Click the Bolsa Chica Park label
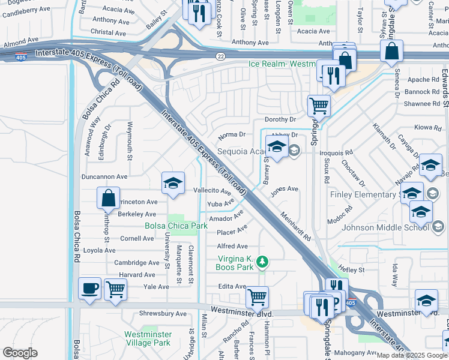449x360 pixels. [x=176, y=226]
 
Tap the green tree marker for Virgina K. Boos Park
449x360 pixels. [x=262, y=262]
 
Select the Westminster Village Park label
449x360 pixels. [x=147, y=339]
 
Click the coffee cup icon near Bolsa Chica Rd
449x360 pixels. [x=90, y=289]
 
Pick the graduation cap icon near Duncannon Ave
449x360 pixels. [x=173, y=182]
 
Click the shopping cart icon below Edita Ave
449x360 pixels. [x=257, y=296]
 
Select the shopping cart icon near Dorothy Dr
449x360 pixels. [x=318, y=106]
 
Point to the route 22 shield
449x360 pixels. [x=220, y=56]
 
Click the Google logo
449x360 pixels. [x=20, y=353]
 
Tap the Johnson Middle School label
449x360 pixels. [x=385, y=227]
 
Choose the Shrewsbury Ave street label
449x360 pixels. [x=163, y=313]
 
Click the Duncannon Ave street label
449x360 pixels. [x=104, y=177]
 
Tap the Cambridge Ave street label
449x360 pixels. [x=137, y=263]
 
